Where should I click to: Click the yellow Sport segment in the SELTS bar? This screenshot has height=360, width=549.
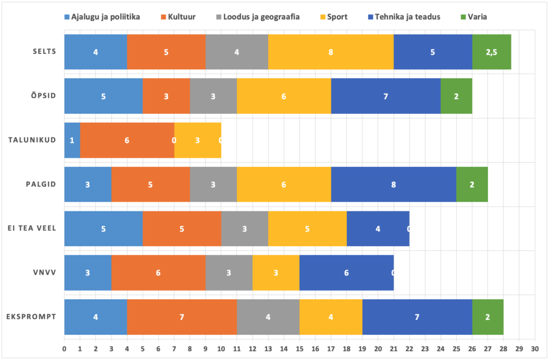coord(331,52)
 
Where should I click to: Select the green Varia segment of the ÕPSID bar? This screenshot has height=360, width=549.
coord(456,97)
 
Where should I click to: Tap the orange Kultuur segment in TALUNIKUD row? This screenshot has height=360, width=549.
coord(127,141)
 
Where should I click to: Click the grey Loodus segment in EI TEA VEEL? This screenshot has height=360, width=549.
coord(244,229)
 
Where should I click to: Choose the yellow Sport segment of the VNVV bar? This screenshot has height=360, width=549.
coord(276,273)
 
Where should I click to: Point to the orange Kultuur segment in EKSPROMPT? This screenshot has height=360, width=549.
coord(182,317)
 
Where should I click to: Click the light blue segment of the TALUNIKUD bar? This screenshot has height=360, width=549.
coord(72,141)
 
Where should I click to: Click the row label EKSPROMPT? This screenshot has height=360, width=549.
coord(36,317)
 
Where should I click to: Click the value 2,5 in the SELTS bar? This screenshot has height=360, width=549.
coord(491,52)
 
